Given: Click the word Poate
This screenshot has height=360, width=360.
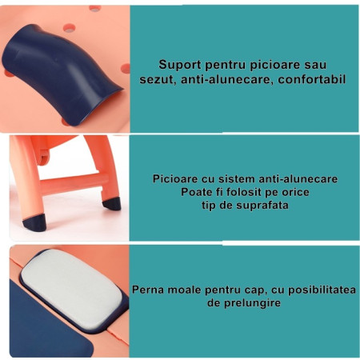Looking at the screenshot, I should coord(188,192).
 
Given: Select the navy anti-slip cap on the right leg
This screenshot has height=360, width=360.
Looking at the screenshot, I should coord(110,202).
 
